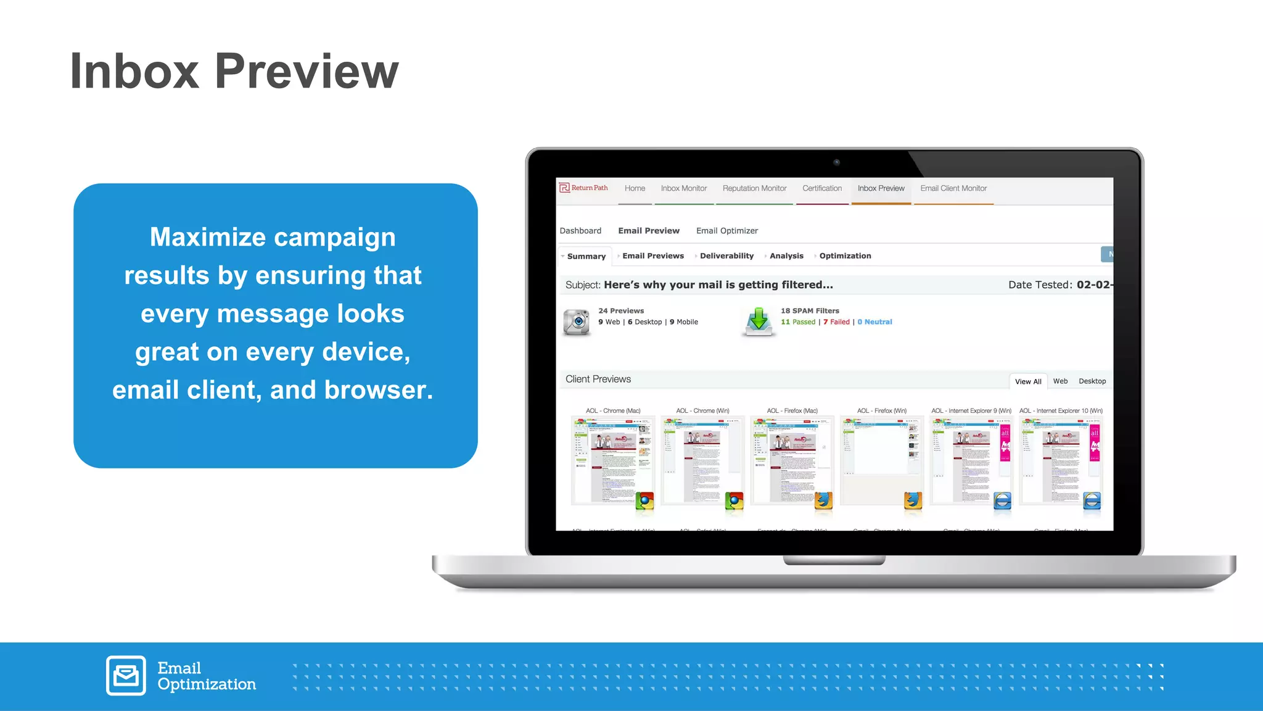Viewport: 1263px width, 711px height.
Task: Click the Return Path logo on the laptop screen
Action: pyautogui.click(x=583, y=188)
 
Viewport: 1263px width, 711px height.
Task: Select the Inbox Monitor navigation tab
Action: pyautogui.click(x=683, y=188)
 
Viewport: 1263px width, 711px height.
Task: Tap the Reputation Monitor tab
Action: pyautogui.click(x=754, y=188)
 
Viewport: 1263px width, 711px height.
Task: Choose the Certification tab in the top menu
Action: pyautogui.click(x=821, y=188)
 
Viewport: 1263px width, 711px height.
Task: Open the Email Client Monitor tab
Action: pyautogui.click(x=953, y=188)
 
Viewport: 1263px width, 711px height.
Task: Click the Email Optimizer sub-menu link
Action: pyautogui.click(x=726, y=231)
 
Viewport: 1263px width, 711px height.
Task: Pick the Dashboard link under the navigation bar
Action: pyautogui.click(x=580, y=231)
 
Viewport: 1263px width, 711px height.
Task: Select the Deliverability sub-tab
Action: pyautogui.click(x=726, y=256)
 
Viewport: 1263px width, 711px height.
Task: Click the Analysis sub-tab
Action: pyautogui.click(x=786, y=256)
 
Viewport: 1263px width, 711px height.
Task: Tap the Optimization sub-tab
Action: pyautogui.click(x=845, y=256)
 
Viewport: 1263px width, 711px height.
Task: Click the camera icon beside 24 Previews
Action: pyautogui.click(x=577, y=322)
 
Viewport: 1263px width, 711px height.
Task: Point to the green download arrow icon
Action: pyautogui.click(x=758, y=321)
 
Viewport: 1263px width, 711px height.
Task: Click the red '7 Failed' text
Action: pyautogui.click(x=836, y=322)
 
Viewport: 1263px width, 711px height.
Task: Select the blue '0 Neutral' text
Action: pyautogui.click(x=874, y=322)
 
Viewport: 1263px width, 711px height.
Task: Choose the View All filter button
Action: pyautogui.click(x=1028, y=381)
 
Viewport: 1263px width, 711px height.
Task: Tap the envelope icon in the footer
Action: pyautogui.click(x=126, y=675)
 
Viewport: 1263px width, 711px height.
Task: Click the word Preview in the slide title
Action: pyautogui.click(x=306, y=72)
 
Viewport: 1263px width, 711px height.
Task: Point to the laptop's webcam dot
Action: pyautogui.click(x=836, y=162)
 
